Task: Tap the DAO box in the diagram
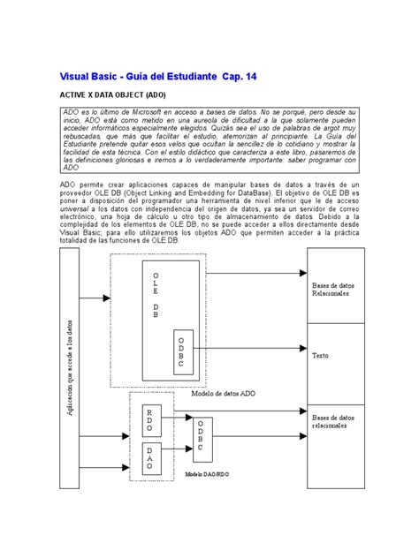coord(149,460)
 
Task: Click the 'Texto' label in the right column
coord(320,356)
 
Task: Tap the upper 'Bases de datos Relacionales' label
coord(337,290)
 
